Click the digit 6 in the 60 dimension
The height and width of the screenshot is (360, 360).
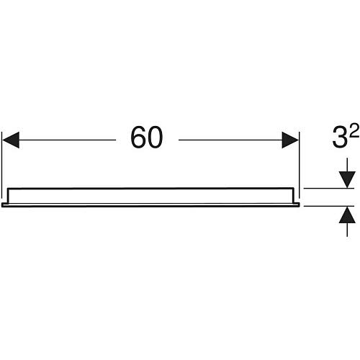click(138, 138)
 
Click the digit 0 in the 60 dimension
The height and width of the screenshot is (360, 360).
click(155, 138)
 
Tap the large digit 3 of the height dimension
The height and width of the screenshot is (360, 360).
click(340, 138)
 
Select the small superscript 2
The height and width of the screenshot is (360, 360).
click(354, 132)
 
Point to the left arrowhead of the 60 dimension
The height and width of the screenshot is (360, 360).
click(10, 140)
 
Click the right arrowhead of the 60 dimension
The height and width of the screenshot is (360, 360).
click(290, 140)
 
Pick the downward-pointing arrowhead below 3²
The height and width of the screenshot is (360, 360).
click(347, 179)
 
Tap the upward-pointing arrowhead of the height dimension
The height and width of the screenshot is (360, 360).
click(347, 215)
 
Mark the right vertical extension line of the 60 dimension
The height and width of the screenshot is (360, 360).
click(300, 166)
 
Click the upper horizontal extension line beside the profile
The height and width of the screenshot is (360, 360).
click(329, 189)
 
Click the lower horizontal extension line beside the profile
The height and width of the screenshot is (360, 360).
click(329, 206)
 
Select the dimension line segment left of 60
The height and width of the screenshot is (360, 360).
click(68, 140)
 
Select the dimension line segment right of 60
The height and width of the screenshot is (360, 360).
click(230, 140)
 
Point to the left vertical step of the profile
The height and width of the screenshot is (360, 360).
click(9, 196)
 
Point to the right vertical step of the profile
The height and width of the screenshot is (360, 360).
click(293, 195)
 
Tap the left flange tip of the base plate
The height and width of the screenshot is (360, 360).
click(2, 204)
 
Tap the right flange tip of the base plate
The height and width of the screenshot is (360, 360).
click(300, 204)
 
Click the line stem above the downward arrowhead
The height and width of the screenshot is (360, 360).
click(347, 165)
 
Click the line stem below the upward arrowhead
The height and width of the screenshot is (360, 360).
click(347, 230)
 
